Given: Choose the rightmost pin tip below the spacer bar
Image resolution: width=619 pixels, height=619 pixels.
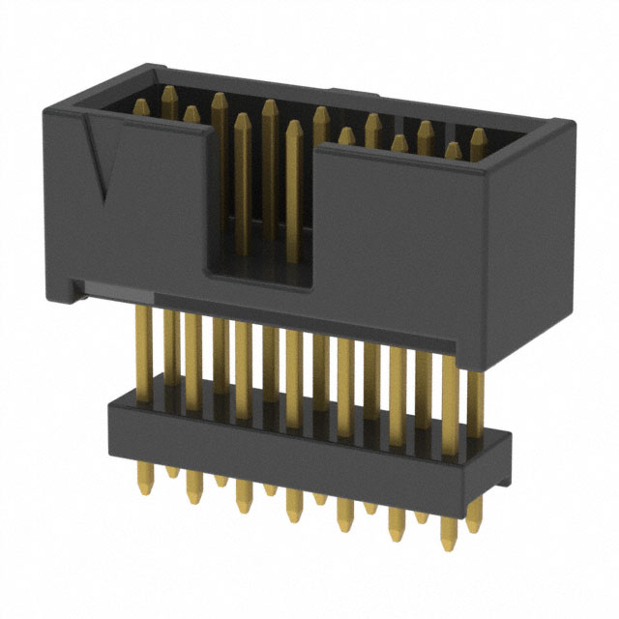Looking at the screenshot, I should (x=474, y=527).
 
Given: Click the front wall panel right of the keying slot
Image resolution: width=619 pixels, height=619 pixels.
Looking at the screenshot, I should (x=406, y=242).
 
